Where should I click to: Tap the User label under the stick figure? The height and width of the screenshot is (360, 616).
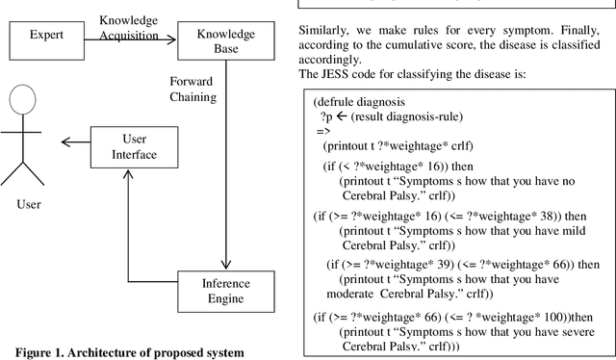(29, 204)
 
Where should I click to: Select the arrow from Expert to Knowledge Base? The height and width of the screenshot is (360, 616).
(125, 39)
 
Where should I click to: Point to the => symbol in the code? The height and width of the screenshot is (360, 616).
(323, 130)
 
